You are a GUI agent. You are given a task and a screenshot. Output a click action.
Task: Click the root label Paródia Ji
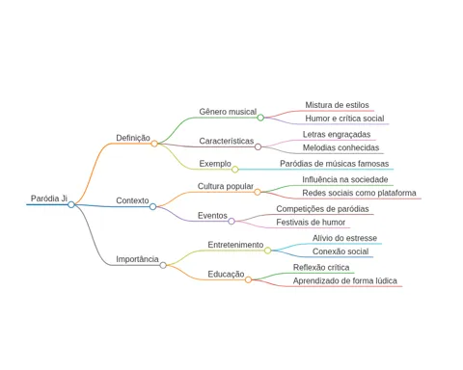coord(49,198)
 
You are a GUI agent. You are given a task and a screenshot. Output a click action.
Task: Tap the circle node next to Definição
coord(154,144)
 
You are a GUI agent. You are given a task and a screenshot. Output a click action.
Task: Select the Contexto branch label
coord(132,200)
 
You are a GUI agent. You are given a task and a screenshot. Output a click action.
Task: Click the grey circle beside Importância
coord(163,265)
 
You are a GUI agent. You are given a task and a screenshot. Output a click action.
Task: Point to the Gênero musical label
coord(228,112)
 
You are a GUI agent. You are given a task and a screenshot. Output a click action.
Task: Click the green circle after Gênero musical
coord(260,118)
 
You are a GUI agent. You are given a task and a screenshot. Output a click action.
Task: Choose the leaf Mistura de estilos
coord(338,105)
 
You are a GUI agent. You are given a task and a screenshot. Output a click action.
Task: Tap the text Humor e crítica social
coord(344,119)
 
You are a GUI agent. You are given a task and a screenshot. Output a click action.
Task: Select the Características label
coord(227,141)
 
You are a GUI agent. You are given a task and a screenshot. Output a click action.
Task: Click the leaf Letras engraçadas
coord(337,135)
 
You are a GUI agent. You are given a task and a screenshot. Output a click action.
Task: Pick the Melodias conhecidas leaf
coord(340,147)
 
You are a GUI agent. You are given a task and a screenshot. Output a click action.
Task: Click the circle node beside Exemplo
coord(235,170)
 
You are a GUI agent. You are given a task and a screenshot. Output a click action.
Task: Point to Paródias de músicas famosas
coord(335,164)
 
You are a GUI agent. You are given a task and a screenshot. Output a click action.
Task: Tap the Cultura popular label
coord(226,186)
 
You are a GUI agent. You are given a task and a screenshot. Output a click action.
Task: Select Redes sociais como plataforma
coord(359,193)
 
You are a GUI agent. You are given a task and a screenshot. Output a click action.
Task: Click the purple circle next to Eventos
coord(231,222)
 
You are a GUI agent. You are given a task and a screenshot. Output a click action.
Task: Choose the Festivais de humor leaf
coord(311,223)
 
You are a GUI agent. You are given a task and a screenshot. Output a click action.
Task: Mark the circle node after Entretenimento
coord(267,251)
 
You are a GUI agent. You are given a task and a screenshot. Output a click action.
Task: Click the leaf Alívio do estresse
coord(344,238)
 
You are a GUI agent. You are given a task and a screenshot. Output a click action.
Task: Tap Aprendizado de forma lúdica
coord(345,281)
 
